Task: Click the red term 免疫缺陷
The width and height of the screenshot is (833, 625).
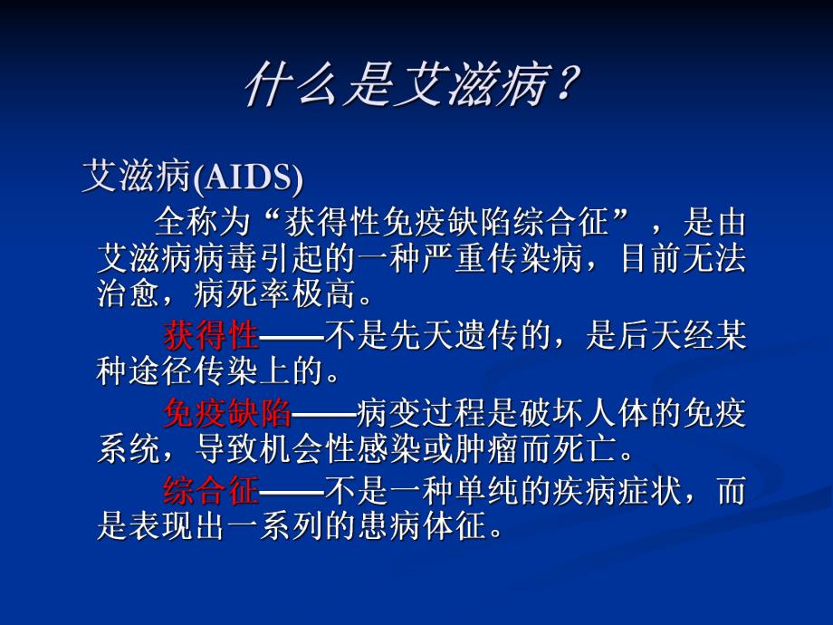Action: (227, 414)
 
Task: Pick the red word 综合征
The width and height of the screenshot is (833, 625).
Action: (211, 492)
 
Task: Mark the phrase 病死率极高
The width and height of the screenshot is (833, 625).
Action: (291, 297)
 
